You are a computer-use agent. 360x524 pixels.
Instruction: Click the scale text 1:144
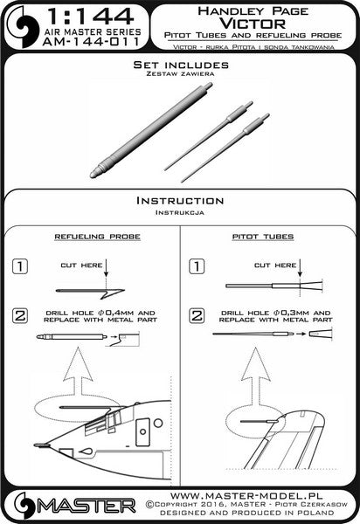coord(91,17)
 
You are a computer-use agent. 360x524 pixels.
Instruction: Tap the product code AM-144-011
coord(91,42)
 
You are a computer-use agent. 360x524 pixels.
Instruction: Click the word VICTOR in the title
coord(253,24)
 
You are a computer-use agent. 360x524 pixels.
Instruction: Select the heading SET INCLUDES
coord(181,65)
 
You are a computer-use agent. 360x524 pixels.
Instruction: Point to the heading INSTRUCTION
coord(180,201)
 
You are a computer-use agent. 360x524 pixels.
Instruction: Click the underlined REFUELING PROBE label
coord(97,237)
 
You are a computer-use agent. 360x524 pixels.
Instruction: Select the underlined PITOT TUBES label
coord(263,237)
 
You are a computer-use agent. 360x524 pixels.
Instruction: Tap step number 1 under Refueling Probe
coord(20,266)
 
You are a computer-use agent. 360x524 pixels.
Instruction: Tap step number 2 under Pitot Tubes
coord(197,316)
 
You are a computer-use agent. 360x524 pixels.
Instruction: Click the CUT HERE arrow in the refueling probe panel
coord(106,267)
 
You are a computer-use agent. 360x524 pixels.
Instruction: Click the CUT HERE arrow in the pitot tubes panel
coord(301,267)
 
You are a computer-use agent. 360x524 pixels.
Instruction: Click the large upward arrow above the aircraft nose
coord(78,376)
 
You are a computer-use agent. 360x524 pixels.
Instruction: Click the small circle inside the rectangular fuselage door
coord(143,431)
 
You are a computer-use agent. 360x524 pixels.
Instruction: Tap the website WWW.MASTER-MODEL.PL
coord(246,495)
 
